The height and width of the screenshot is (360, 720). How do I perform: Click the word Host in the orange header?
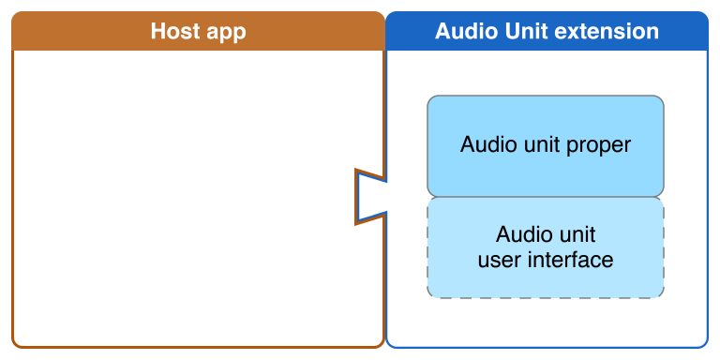click(175, 31)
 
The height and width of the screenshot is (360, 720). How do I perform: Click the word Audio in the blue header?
click(468, 31)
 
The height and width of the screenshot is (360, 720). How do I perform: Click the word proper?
click(600, 145)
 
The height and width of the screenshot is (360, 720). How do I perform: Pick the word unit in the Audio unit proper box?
click(539, 145)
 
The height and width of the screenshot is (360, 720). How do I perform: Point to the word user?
click(498, 260)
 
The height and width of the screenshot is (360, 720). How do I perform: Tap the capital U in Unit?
click(517, 31)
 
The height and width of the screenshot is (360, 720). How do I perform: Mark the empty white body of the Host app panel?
click(187, 197)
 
